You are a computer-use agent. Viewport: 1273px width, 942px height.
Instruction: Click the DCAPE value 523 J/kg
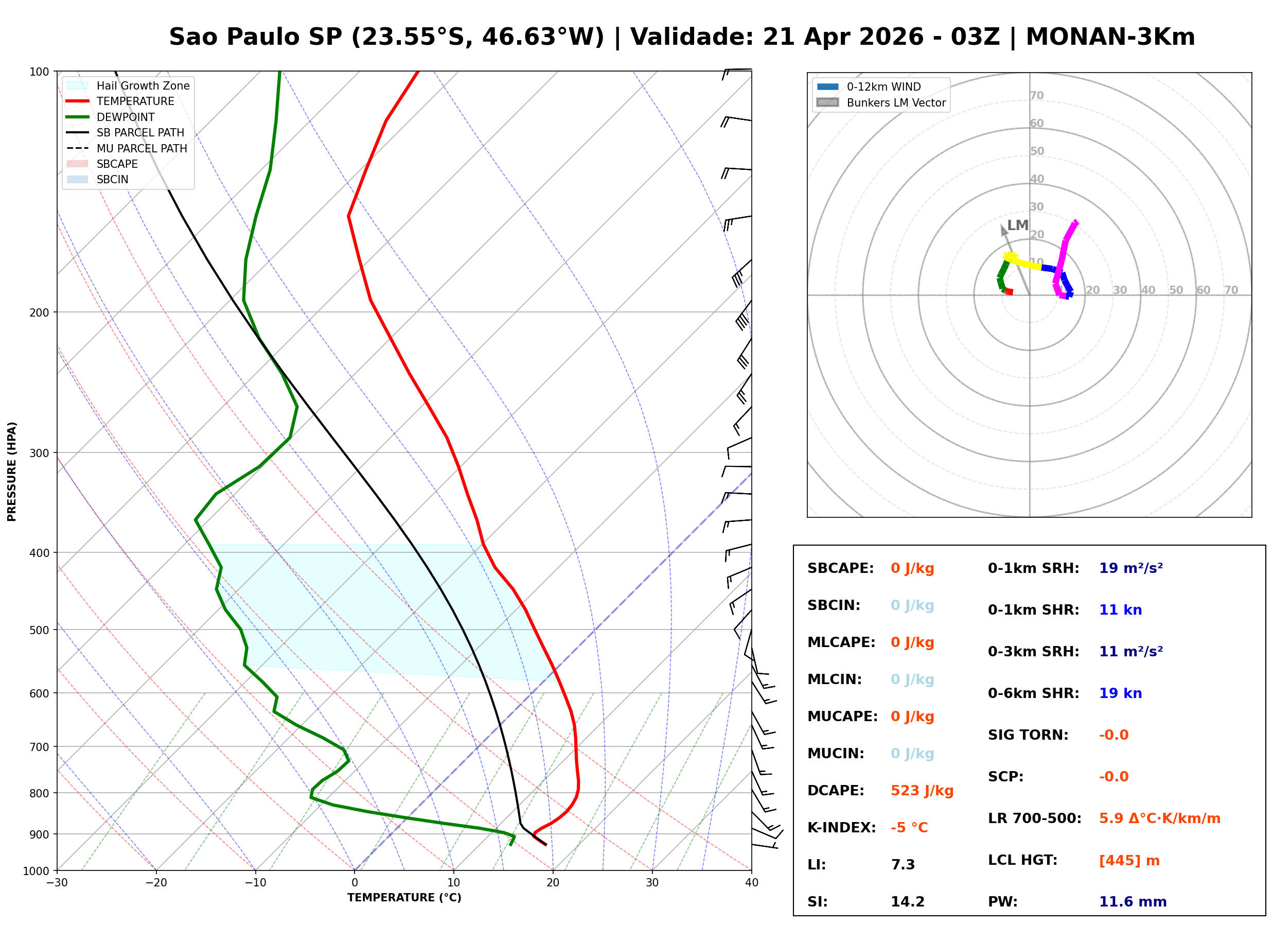click(922, 791)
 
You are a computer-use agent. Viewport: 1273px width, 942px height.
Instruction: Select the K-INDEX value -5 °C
click(909, 828)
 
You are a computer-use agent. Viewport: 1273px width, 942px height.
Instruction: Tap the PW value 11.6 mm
click(1132, 902)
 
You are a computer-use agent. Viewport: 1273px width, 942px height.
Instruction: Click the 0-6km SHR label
click(1033, 693)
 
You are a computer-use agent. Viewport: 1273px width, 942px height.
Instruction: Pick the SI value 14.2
click(907, 902)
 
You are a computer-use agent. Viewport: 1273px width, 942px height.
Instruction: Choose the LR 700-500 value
click(1159, 819)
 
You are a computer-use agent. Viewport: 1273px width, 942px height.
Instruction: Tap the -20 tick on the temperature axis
click(155, 883)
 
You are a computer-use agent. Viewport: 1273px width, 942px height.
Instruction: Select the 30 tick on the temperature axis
click(652, 883)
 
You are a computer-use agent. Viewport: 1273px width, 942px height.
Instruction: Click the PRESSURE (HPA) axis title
click(12, 472)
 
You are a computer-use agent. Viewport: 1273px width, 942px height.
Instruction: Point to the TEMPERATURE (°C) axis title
click(404, 898)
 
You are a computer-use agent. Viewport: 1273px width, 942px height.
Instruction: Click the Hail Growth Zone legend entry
click(143, 85)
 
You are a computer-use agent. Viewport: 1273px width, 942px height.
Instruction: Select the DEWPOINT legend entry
click(126, 117)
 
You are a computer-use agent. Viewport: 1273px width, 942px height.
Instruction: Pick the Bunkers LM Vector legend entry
click(896, 102)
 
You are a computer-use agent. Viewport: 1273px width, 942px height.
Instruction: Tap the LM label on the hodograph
click(1017, 225)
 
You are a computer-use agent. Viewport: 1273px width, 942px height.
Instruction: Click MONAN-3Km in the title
click(1110, 37)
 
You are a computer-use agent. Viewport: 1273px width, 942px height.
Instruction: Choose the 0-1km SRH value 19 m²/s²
click(1130, 568)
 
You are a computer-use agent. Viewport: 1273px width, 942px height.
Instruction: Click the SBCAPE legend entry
click(117, 164)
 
